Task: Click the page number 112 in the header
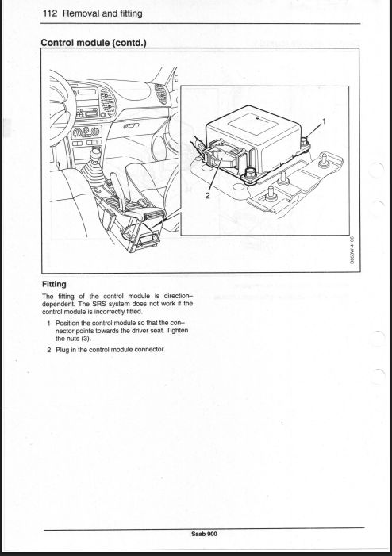(50, 13)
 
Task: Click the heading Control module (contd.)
(94, 43)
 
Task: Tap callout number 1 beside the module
(324, 121)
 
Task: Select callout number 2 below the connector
(208, 194)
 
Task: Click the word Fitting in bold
(54, 284)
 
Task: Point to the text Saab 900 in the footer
(204, 534)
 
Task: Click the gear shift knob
(96, 154)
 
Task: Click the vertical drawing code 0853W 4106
(352, 251)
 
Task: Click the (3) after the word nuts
(86, 339)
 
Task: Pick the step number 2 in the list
(49, 350)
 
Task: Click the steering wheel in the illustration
(61, 106)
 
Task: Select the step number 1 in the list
(49, 323)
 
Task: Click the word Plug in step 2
(62, 350)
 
